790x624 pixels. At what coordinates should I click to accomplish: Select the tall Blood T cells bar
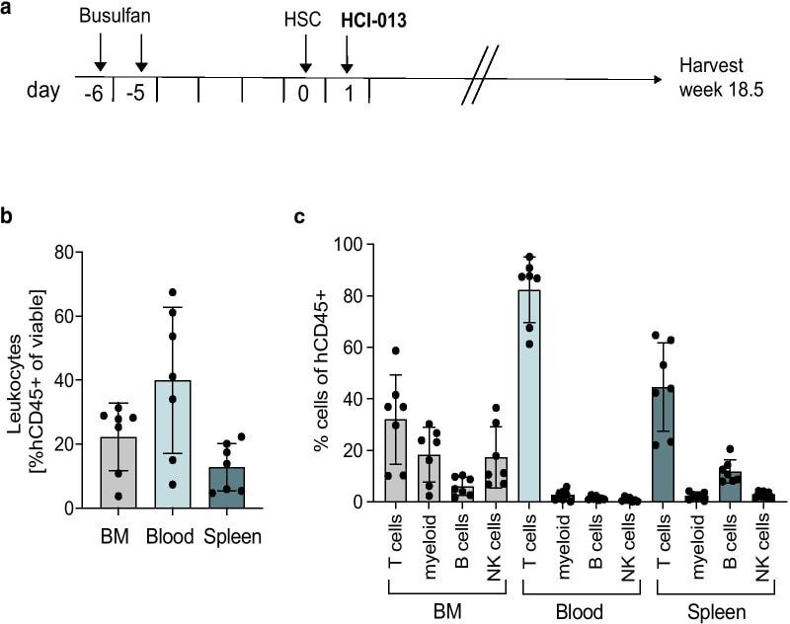[x=530, y=396]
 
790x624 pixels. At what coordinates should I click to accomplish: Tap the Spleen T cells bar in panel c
[x=663, y=444]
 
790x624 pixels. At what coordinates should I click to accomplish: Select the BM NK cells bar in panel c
[x=497, y=480]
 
